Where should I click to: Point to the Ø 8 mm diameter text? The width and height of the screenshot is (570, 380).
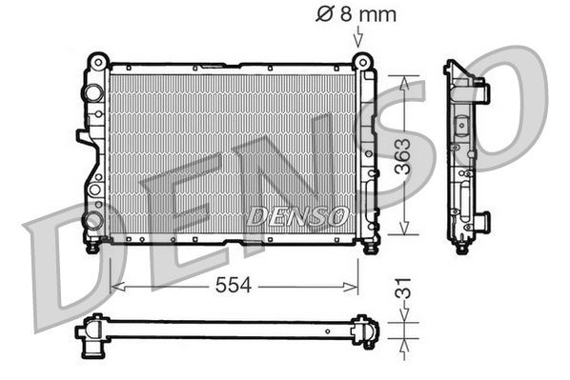(356, 14)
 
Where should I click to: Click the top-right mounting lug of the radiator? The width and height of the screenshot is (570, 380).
(361, 62)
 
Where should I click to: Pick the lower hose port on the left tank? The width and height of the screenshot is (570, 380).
(92, 220)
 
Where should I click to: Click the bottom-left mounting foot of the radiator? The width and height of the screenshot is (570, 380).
(93, 246)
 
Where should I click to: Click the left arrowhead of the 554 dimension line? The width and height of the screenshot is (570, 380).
(116, 285)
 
